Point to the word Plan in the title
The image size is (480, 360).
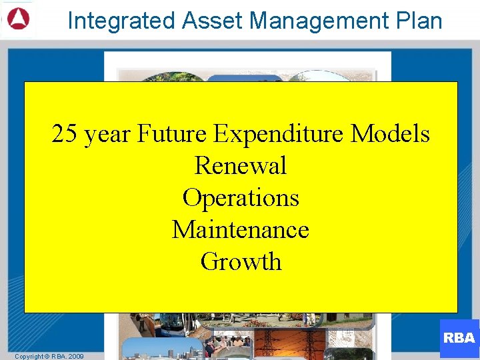[x=417, y=21]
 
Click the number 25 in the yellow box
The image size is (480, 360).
[x=65, y=134]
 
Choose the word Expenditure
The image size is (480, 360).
[x=279, y=135]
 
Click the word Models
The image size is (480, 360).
[x=391, y=134]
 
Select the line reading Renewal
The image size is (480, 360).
[x=240, y=166]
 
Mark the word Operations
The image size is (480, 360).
[x=240, y=199]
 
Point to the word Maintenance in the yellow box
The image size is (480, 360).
[x=240, y=230]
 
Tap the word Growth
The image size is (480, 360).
[x=241, y=262]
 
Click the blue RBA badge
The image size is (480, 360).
[x=459, y=338]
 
